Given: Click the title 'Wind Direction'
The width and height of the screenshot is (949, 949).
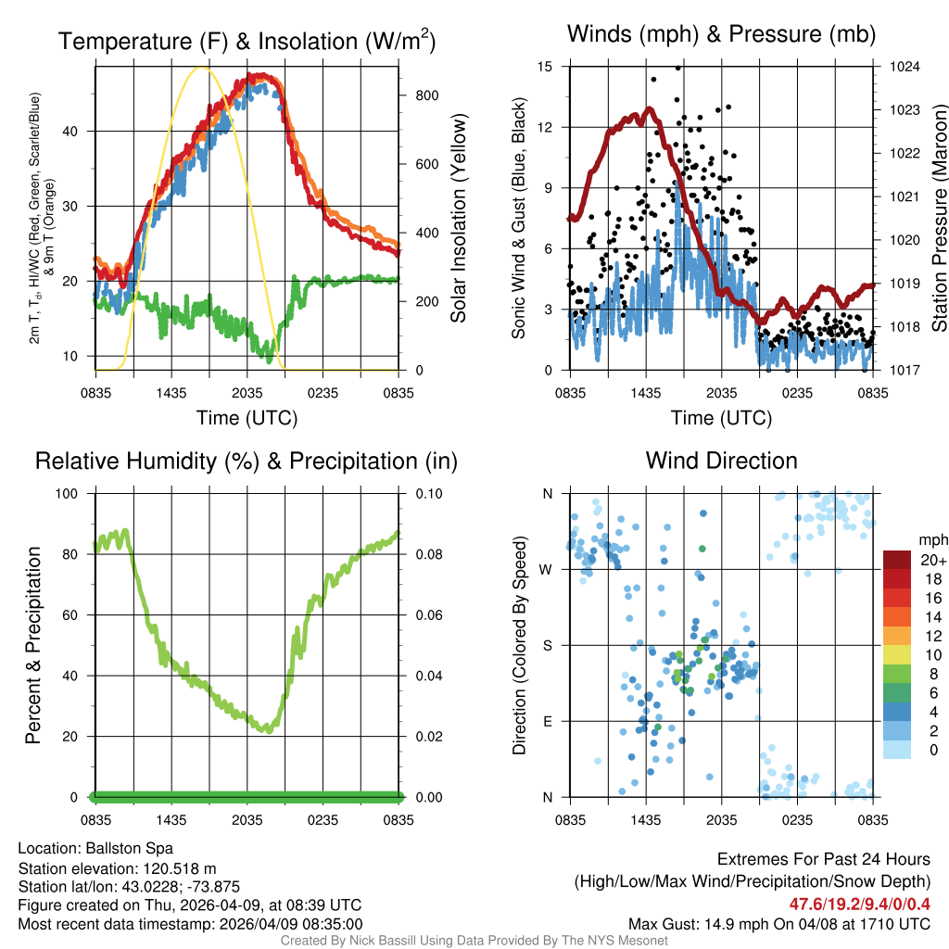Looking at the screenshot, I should pos(721,461).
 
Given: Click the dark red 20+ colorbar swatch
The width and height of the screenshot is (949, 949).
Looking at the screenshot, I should pos(899,560).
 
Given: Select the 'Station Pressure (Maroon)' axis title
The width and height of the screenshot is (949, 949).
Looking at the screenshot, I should pos(938,218).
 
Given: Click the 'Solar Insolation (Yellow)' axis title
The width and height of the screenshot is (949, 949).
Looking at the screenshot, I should pos(458,218).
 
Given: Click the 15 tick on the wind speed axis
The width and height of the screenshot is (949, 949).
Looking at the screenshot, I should pos(545,67).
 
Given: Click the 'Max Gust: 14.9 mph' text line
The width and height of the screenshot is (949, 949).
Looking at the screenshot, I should pos(778,924).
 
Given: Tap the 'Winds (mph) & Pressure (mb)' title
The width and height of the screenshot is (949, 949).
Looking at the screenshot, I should pos(721,35).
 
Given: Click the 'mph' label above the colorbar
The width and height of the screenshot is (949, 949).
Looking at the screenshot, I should pos(930,540).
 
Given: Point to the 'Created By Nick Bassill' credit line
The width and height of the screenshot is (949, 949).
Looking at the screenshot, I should pos(474,941).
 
